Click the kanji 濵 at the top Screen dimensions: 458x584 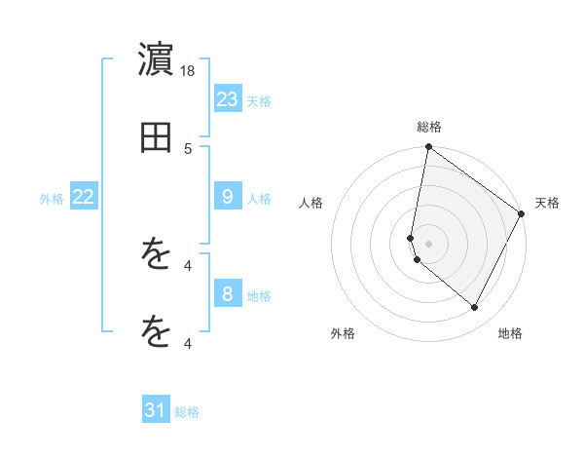(x=156, y=60)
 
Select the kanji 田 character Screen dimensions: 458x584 (x=156, y=138)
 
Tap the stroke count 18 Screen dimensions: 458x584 (x=189, y=70)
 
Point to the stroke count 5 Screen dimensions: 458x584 (x=189, y=148)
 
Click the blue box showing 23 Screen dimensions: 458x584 (x=228, y=98)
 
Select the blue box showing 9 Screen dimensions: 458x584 (x=228, y=197)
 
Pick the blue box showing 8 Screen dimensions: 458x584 (x=228, y=293)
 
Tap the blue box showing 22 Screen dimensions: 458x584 (x=84, y=197)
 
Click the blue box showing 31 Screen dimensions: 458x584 (x=156, y=410)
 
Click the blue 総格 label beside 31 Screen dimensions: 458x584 (x=187, y=412)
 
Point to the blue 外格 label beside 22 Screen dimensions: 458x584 (x=52, y=199)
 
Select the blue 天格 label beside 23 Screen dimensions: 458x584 (x=259, y=100)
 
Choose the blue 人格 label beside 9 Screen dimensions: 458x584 (x=259, y=199)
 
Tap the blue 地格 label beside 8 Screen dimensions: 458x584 (x=259, y=295)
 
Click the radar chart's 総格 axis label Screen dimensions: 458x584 (x=429, y=127)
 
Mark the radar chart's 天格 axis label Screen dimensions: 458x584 (x=547, y=203)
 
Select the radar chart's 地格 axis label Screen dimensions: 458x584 (x=510, y=333)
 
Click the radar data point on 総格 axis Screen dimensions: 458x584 (x=428, y=148)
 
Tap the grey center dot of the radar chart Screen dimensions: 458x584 (x=428, y=244)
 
